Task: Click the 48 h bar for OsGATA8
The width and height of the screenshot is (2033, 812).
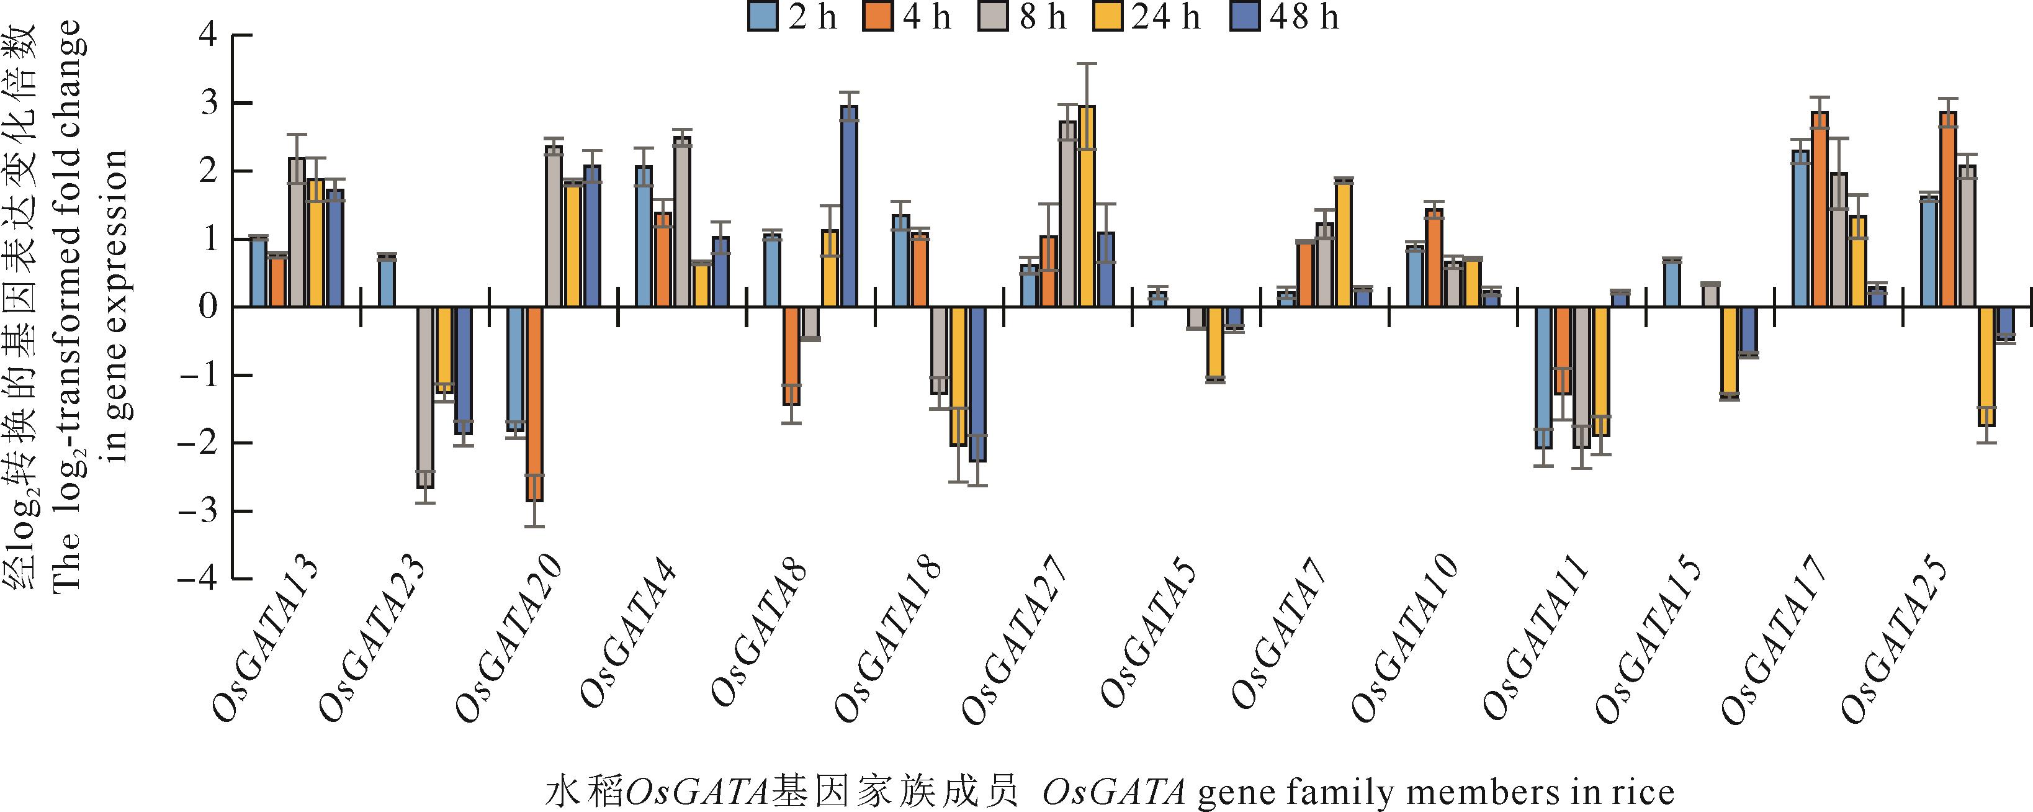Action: pos(849,207)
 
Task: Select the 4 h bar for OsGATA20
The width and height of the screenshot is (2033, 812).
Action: pos(534,404)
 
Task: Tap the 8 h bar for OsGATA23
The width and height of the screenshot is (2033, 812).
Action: pos(425,397)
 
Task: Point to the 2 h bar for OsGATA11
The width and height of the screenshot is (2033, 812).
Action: pos(1544,377)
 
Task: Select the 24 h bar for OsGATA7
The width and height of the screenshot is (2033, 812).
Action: pos(1343,243)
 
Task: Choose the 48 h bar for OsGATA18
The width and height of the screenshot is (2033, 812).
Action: pos(978,384)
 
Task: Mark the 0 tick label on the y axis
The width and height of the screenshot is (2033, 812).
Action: pos(207,307)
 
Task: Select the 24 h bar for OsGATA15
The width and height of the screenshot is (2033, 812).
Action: pos(1723,353)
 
